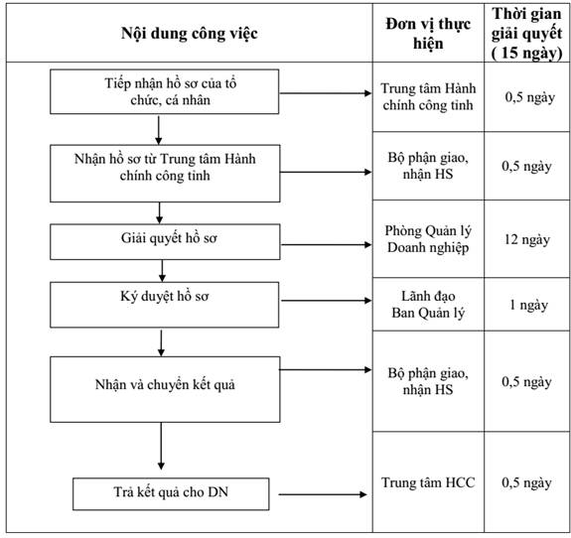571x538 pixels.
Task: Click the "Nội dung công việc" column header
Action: (190, 33)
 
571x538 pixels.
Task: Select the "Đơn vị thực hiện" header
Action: (428, 34)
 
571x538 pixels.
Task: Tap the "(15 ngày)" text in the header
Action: (526, 53)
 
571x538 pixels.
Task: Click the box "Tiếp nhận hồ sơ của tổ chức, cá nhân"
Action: (165, 91)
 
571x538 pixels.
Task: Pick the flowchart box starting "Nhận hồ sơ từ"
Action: (165, 174)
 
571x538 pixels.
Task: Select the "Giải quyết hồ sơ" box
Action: (165, 241)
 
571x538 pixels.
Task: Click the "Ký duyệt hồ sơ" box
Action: (165, 305)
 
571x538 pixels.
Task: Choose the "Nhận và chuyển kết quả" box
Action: (165, 389)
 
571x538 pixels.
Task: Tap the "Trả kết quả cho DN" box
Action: (171, 494)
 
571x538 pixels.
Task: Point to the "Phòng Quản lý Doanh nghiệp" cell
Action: (428, 239)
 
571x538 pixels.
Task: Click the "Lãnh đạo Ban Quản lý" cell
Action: (428, 305)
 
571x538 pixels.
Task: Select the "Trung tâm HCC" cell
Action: (428, 482)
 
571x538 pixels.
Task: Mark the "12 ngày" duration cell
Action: (527, 239)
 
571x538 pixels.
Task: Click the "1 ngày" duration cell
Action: (528, 305)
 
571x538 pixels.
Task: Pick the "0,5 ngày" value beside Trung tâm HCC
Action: (526, 482)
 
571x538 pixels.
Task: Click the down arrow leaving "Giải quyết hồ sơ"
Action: (163, 271)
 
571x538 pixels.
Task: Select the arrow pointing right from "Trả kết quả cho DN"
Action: (323, 494)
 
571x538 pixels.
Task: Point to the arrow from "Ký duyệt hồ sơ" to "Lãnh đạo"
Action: (327, 301)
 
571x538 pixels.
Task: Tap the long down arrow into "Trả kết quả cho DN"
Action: (161, 447)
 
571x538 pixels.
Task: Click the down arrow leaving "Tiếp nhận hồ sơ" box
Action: (159, 130)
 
